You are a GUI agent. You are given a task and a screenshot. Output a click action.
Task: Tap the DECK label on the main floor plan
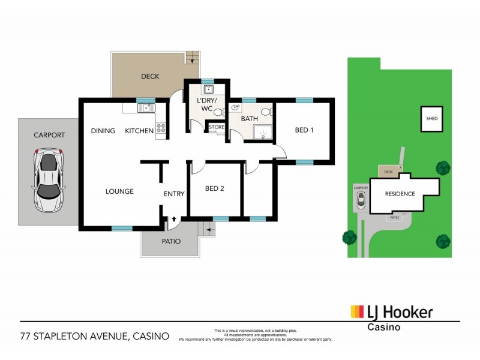[x=149, y=76]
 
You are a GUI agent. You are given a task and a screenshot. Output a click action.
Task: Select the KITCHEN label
[x=139, y=131]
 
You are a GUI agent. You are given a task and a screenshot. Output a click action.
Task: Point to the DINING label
[x=103, y=131]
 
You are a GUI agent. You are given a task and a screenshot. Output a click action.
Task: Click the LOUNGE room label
[x=119, y=191]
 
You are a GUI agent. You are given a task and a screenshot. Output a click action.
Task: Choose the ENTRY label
[x=174, y=194]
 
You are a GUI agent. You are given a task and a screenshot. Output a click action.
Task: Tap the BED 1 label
[x=304, y=130]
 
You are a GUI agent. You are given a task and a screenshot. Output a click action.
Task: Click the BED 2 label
[x=214, y=188]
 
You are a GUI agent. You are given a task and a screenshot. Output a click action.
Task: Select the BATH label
[x=249, y=119]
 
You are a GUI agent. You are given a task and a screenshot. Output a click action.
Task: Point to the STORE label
[x=216, y=127]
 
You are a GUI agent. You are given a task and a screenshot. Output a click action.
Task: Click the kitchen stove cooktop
[x=161, y=128]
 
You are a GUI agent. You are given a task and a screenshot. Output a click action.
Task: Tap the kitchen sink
[x=145, y=108]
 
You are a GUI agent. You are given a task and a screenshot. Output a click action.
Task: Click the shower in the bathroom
[x=262, y=133]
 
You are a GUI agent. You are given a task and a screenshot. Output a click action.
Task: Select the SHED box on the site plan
[x=432, y=119]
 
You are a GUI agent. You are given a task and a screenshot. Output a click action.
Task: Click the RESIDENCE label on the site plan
[x=400, y=194]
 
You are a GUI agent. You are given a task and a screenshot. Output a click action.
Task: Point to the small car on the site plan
[x=359, y=202]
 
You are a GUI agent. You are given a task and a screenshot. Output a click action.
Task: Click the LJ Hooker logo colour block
[x=358, y=311]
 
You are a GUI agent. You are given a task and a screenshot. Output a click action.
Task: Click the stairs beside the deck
[x=191, y=58]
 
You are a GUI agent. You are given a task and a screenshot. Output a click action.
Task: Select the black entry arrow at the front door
[x=173, y=220]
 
